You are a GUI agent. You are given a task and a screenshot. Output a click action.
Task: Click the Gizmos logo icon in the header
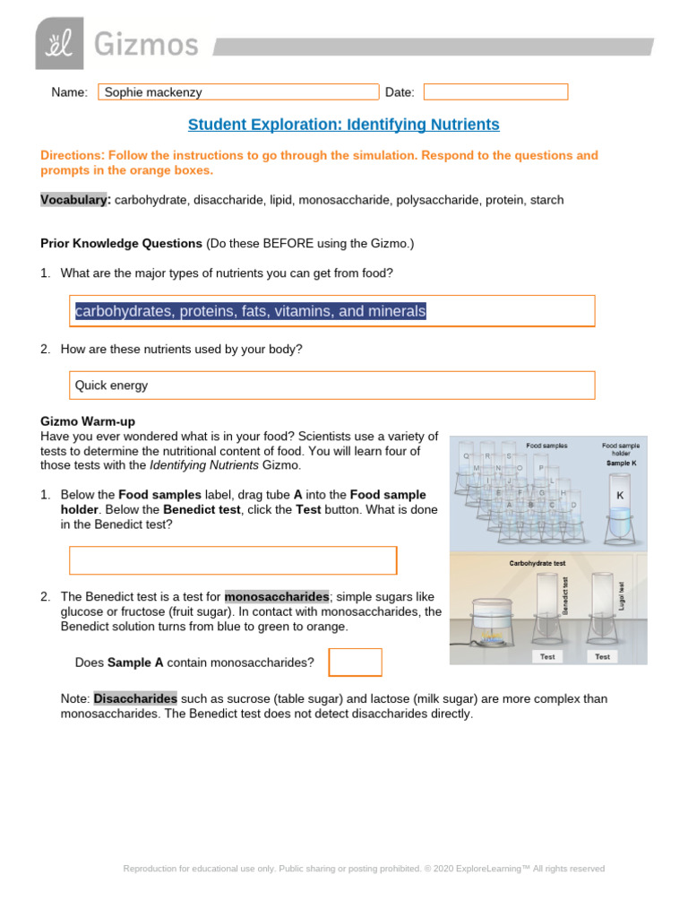[x=59, y=43]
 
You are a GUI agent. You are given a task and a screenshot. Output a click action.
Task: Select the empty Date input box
[x=495, y=92]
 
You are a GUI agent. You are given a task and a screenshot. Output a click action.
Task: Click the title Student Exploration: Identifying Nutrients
[x=343, y=125]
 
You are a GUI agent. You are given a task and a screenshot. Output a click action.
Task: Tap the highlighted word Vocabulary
[x=75, y=200]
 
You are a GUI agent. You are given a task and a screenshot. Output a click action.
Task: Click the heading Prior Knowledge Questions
[x=122, y=243]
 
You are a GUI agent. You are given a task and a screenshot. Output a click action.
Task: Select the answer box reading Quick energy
[x=332, y=385]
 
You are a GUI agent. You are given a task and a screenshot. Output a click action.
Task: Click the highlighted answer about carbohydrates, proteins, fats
[x=251, y=311]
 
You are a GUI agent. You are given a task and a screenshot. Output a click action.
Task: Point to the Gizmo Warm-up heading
[x=88, y=420]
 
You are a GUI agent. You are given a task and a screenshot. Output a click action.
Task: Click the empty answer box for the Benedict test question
[x=233, y=560]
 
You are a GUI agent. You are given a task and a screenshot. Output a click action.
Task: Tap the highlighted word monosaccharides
[x=276, y=597]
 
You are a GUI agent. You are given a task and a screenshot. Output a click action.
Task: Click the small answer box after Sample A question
[x=355, y=663]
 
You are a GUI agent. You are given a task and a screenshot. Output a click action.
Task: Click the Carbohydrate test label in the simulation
[x=537, y=564]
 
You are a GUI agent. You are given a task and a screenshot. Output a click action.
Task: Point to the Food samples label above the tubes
[x=546, y=445]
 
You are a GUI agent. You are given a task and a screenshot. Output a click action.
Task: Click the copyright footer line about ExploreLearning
[x=364, y=869]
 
